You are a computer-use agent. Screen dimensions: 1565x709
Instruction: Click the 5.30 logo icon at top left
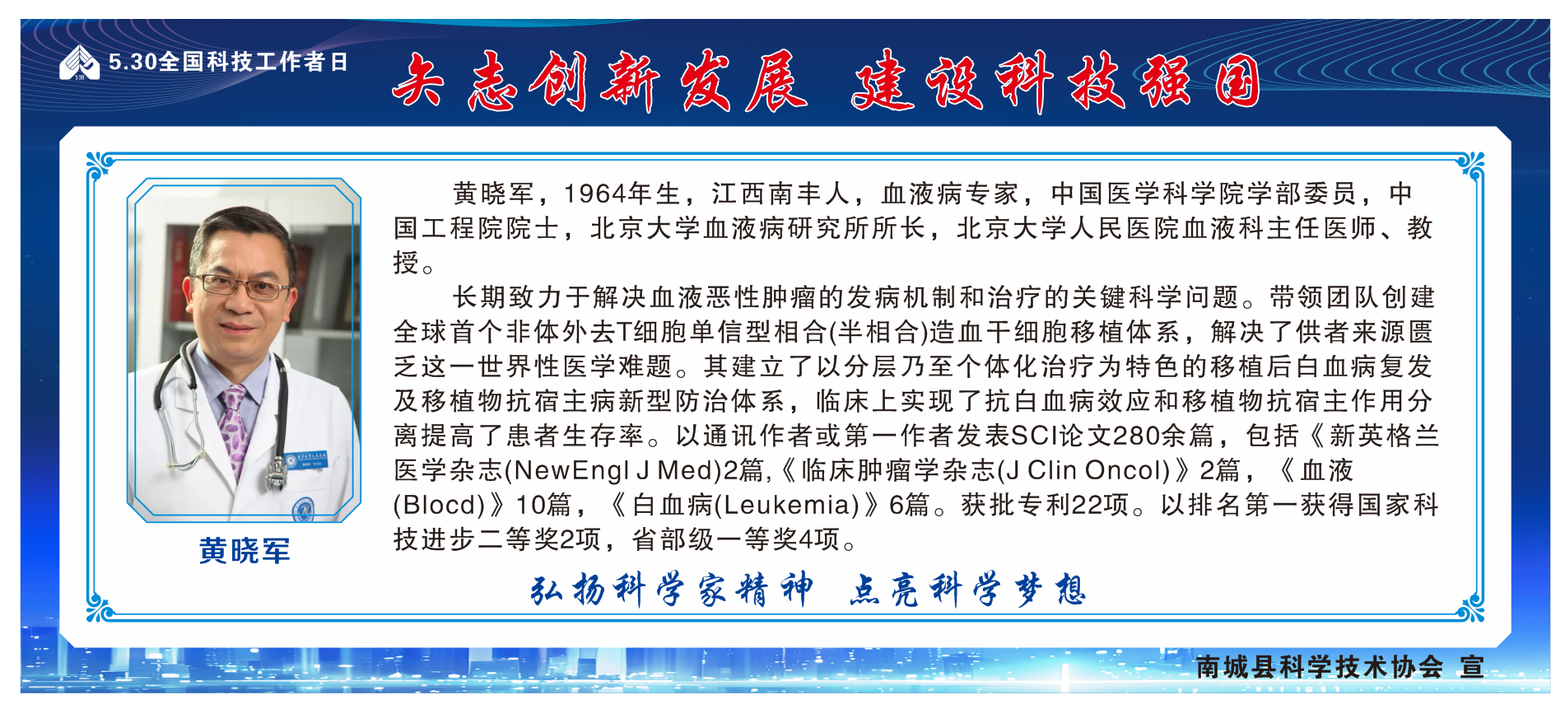click(x=79, y=63)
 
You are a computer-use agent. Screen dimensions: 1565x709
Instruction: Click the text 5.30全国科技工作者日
click(x=228, y=62)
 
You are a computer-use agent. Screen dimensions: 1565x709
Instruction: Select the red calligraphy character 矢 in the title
click(x=418, y=81)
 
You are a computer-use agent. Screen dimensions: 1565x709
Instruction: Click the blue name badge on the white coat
click(x=306, y=459)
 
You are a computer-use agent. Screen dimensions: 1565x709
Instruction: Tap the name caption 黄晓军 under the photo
click(x=245, y=551)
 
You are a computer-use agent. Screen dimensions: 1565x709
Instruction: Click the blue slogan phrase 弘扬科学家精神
click(x=672, y=590)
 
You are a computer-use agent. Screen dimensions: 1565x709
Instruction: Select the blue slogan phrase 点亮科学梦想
click(x=968, y=590)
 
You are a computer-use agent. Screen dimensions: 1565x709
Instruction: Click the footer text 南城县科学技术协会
click(x=1319, y=667)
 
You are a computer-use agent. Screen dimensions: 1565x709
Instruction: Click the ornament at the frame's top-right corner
click(x=1468, y=167)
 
